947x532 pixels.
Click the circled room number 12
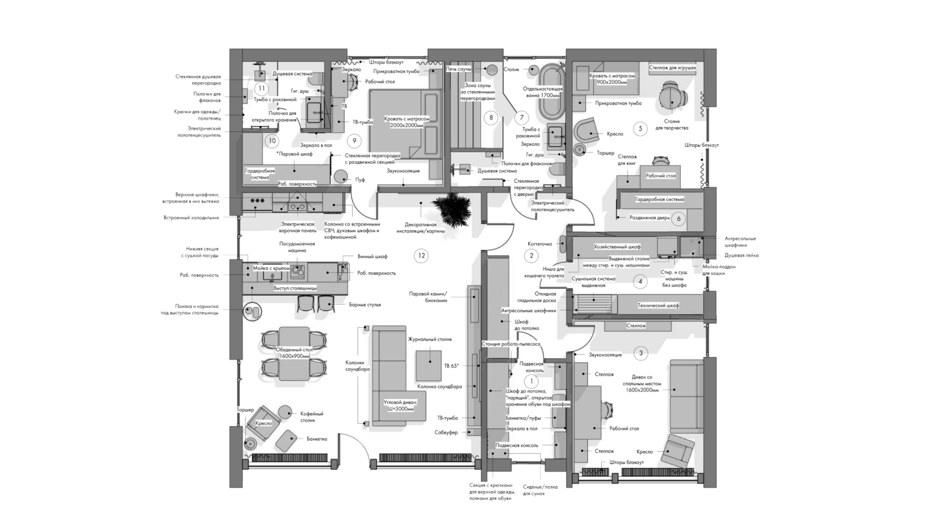click(x=421, y=256)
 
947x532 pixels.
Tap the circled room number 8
click(x=491, y=118)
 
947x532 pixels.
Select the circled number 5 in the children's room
click(x=639, y=128)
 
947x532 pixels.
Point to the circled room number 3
click(x=640, y=354)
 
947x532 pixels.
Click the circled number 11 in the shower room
click(x=260, y=88)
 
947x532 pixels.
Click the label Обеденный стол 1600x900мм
click(x=294, y=352)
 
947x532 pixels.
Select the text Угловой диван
click(x=399, y=405)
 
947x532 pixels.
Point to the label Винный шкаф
click(x=372, y=256)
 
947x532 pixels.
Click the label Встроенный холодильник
click(x=191, y=217)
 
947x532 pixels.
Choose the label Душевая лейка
click(x=742, y=255)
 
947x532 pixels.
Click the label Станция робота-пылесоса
click(x=511, y=343)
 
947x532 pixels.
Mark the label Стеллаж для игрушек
click(x=672, y=68)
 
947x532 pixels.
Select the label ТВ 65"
click(x=451, y=366)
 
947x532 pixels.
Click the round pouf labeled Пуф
click(x=340, y=176)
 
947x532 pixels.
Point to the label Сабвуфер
click(x=446, y=432)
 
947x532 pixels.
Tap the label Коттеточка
click(x=539, y=244)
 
